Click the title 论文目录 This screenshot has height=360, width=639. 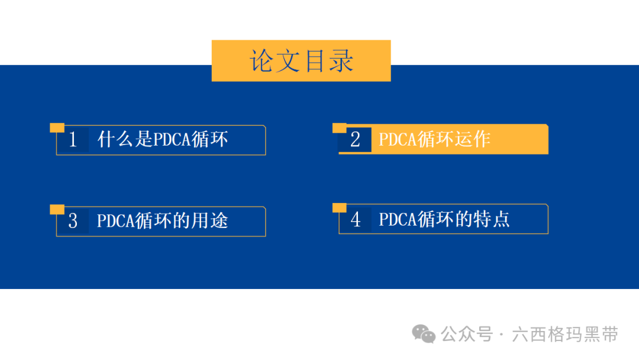(x=301, y=61)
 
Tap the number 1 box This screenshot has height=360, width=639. (x=73, y=139)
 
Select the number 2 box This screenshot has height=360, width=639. (x=356, y=139)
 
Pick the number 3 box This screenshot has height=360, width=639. (x=73, y=221)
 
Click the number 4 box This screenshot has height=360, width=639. (x=356, y=219)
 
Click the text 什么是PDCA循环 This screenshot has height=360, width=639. (x=162, y=139)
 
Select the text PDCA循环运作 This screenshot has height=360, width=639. (x=434, y=139)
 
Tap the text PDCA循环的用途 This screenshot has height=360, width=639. (x=162, y=221)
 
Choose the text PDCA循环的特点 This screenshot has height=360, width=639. (x=444, y=219)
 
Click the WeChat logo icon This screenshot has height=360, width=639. (x=424, y=335)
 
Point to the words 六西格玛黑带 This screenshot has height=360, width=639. (x=565, y=335)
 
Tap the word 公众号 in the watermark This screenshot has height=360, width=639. (x=467, y=335)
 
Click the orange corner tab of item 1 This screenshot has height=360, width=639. (x=57, y=128)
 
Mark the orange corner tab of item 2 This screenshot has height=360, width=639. (x=340, y=128)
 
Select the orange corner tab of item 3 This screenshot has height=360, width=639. (x=57, y=209)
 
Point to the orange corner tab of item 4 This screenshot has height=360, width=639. (x=340, y=208)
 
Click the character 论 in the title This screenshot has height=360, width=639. (x=262, y=61)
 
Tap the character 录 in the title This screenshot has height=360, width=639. (x=341, y=61)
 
